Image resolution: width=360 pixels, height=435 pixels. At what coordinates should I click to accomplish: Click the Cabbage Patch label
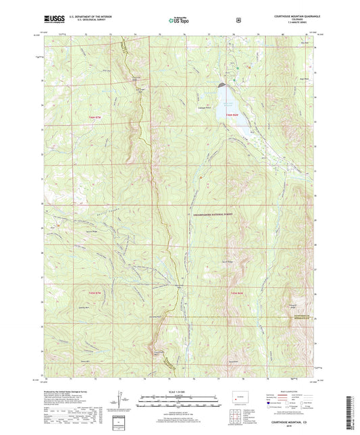point(204,107)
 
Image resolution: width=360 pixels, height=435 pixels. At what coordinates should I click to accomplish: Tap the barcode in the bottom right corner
point(351,412)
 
